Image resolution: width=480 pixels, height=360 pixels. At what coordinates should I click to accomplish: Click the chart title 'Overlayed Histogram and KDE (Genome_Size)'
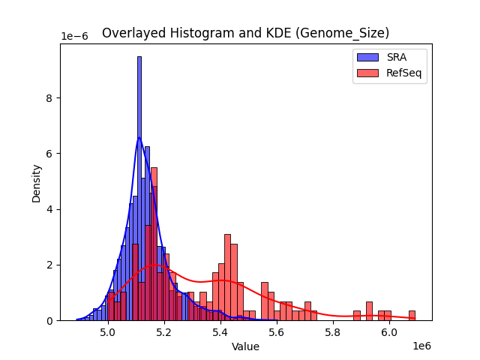pyautogui.click(x=245, y=33)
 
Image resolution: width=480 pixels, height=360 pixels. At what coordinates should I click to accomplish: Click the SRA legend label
pyautogui.click(x=396, y=57)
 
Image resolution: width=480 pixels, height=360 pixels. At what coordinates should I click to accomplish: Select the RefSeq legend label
pyautogui.click(x=401, y=73)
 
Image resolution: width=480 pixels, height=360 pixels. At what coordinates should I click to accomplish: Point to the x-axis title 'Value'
pyautogui.click(x=245, y=346)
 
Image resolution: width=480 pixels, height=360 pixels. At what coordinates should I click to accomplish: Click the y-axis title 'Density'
pyautogui.click(x=36, y=182)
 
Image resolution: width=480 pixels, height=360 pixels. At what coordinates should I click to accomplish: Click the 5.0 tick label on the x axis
pyautogui.click(x=108, y=331)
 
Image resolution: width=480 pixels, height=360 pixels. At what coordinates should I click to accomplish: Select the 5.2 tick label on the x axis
pyautogui.click(x=164, y=331)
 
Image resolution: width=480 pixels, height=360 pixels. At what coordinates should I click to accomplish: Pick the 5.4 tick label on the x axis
pyautogui.click(x=220, y=331)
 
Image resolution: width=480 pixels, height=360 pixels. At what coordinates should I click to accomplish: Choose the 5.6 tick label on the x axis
pyautogui.click(x=277, y=331)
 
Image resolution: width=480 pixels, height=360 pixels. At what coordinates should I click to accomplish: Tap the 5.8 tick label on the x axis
pyautogui.click(x=333, y=331)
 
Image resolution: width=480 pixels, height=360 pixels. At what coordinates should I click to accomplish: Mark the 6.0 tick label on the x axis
pyautogui.click(x=389, y=331)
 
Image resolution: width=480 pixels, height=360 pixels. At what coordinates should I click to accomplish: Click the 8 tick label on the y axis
pyautogui.click(x=50, y=98)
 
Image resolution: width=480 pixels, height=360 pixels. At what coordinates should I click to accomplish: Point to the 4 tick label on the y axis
pyautogui.click(x=50, y=209)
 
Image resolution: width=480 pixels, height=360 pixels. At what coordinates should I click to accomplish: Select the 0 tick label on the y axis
pyautogui.click(x=50, y=320)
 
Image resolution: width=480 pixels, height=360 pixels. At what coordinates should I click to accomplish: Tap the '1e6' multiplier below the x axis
pyautogui.click(x=421, y=346)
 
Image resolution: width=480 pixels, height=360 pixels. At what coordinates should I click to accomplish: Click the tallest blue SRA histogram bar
pyautogui.click(x=139, y=187)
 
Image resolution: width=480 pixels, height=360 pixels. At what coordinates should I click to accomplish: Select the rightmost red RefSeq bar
pyautogui.click(x=412, y=316)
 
